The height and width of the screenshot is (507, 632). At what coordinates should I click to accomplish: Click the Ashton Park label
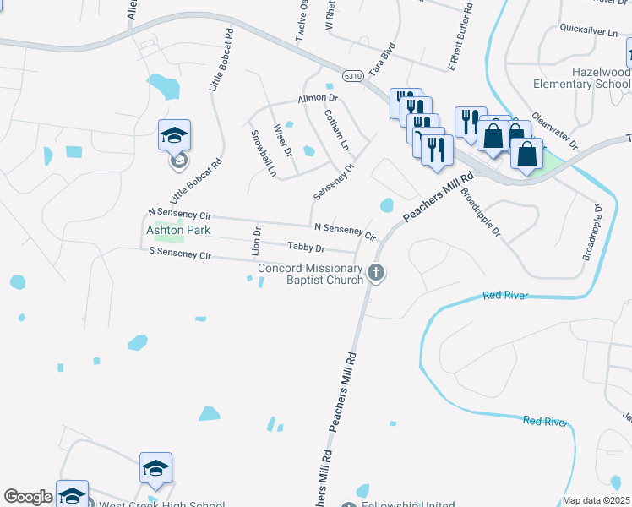pyautogui.click(x=178, y=230)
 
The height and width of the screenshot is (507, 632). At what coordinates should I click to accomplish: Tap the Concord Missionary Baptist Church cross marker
pyautogui.click(x=377, y=273)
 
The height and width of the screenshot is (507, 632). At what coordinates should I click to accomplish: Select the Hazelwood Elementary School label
pyautogui.click(x=582, y=79)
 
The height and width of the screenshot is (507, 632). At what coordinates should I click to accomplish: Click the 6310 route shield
pyautogui.click(x=353, y=76)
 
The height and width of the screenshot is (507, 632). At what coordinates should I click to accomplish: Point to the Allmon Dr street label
pyautogui.click(x=317, y=100)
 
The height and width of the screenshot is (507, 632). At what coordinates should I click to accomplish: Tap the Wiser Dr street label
pyautogui.click(x=282, y=140)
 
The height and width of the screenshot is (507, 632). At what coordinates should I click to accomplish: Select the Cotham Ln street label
pyautogui.click(x=336, y=130)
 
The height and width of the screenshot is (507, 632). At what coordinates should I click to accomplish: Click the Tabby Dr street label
pyautogui.click(x=306, y=248)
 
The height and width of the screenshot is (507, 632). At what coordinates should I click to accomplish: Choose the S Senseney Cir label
pyautogui.click(x=179, y=253)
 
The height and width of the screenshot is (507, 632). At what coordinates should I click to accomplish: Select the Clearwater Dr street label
pyautogui.click(x=554, y=133)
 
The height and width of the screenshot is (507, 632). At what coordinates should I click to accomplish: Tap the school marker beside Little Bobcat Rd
pyautogui.click(x=175, y=135)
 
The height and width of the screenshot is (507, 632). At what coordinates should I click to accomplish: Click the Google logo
pyautogui.click(x=28, y=497)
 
